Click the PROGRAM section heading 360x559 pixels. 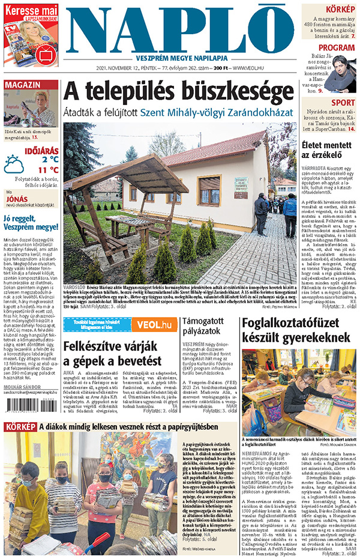(337, 48)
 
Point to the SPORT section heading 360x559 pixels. (343, 103)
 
